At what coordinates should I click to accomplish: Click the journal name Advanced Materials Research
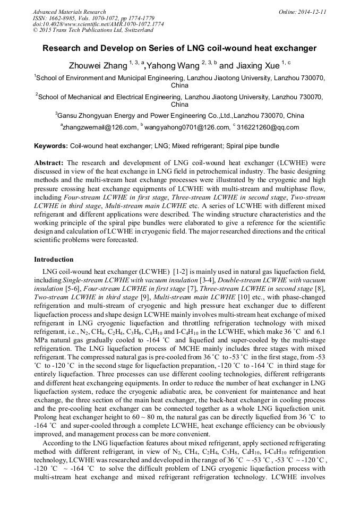69,12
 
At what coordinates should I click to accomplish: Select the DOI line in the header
98,24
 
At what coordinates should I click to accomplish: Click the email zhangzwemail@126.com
100,127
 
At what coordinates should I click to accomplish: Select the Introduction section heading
54,260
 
